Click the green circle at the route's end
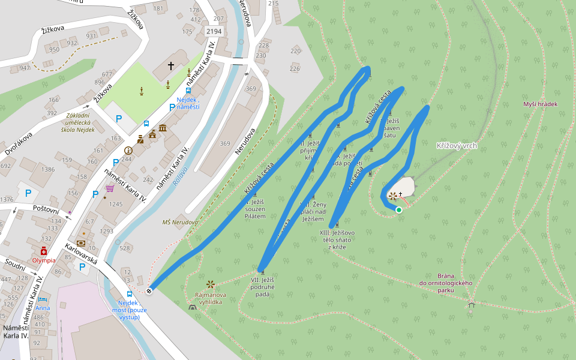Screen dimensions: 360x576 (x=399, y=209)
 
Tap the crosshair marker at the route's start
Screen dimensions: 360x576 (x=149, y=290)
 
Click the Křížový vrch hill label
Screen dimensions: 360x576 (x=457, y=146)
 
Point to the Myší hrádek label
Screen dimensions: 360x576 (x=540, y=104)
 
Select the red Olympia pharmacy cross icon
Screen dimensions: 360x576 (x=44, y=252)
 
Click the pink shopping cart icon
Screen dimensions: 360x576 (x=109, y=188)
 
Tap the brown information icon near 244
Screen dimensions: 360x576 (x=128, y=150)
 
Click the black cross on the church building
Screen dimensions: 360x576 (x=170, y=65)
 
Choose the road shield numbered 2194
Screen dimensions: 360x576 (x=213, y=31)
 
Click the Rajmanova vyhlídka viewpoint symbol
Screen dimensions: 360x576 (x=210, y=284)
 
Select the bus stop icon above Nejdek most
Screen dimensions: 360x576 (x=130, y=295)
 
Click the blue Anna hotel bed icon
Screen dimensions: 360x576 (x=41, y=299)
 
